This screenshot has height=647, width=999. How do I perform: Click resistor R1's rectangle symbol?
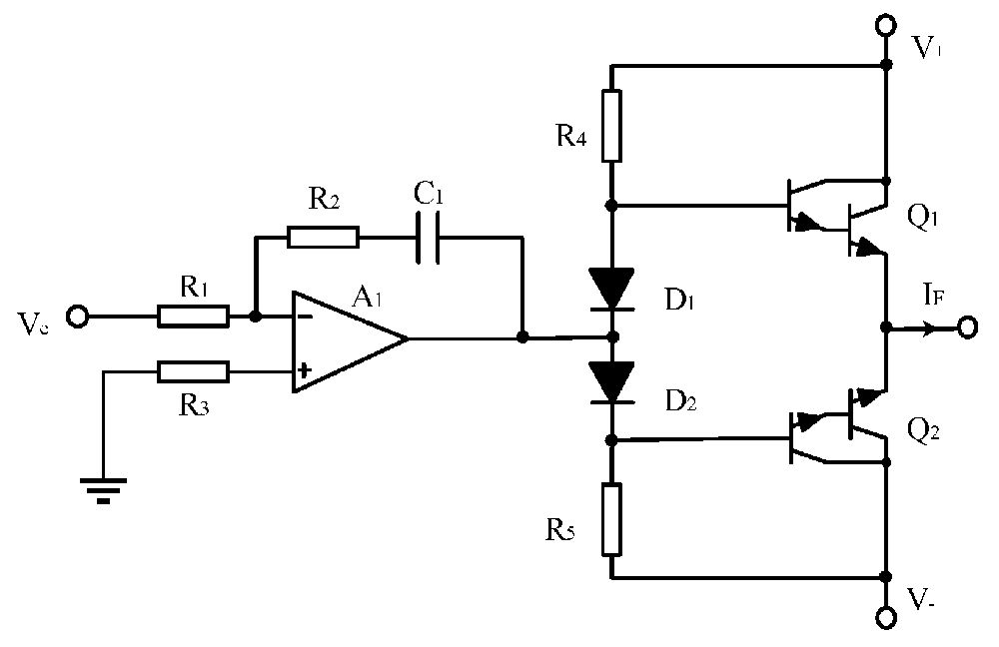193,317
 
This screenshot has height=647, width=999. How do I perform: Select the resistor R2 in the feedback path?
322,237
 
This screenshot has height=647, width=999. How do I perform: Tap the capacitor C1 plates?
428,237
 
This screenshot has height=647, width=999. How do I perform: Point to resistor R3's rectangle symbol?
193,372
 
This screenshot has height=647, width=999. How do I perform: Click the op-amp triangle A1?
345,340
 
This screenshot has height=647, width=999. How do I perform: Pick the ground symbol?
103,488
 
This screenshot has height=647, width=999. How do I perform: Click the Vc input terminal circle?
78,317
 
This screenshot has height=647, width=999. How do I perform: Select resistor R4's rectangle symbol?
611,126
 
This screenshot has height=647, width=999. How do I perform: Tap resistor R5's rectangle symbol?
611,518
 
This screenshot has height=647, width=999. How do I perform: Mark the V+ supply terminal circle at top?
885,24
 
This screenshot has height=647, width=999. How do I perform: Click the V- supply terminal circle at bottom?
885,616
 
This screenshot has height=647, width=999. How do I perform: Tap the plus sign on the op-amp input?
304,372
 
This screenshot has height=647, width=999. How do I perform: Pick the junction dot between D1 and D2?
611,336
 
